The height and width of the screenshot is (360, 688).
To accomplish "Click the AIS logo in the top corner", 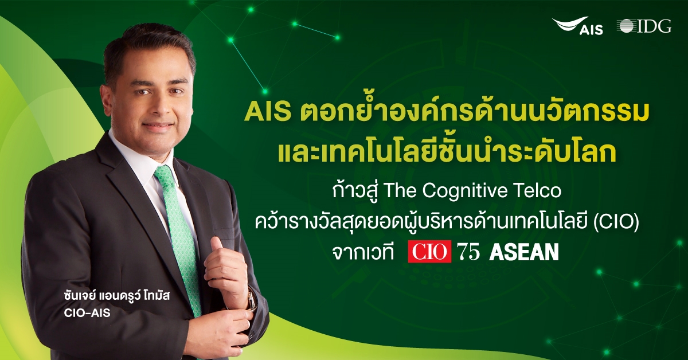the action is pyautogui.click(x=577, y=26).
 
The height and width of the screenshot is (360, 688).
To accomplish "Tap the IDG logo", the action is pyautogui.click(x=644, y=26).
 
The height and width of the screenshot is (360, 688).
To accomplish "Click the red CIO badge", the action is pyautogui.click(x=429, y=252).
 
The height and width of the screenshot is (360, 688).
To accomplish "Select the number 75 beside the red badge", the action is pyautogui.click(x=468, y=252).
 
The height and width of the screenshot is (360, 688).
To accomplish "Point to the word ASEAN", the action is pyautogui.click(x=524, y=252).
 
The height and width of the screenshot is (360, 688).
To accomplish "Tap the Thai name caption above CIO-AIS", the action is pyautogui.click(x=117, y=296).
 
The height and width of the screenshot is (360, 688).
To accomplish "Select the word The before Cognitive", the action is pyautogui.click(x=400, y=191).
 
